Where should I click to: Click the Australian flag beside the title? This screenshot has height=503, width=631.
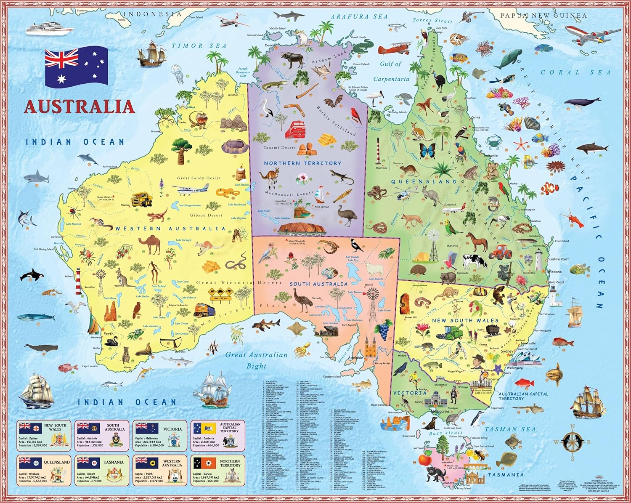click(x=76, y=67)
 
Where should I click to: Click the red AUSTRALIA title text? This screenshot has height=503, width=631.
click(x=80, y=106)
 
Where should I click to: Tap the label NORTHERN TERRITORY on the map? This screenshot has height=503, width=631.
click(x=302, y=163)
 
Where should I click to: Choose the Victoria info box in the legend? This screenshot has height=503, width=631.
click(x=159, y=434)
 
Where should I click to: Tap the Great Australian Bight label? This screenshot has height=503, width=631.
click(x=257, y=360)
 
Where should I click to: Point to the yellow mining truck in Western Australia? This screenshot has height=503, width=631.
click(x=142, y=199)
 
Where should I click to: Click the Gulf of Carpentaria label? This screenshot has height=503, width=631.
click(x=391, y=71)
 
